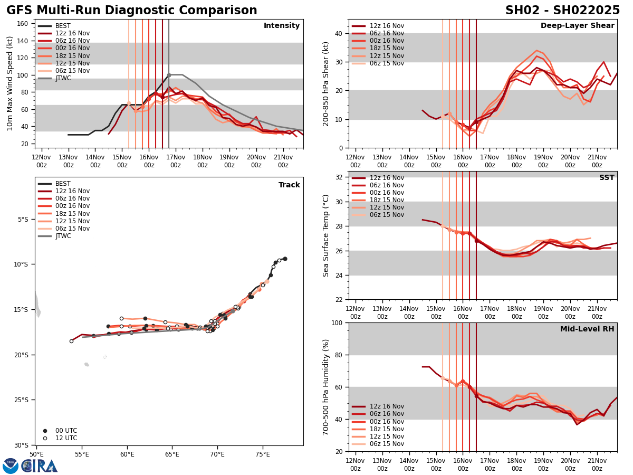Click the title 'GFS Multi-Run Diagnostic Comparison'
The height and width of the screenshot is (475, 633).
tap(132, 11)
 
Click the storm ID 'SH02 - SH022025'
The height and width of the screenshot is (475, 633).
tap(562, 11)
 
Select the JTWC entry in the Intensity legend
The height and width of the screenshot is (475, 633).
tap(63, 78)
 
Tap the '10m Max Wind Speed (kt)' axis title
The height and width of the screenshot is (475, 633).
tap(10, 83)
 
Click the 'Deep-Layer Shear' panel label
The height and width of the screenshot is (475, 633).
tap(577, 26)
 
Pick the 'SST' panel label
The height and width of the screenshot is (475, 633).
tap(607, 178)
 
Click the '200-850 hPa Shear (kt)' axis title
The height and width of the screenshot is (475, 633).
tap(326, 83)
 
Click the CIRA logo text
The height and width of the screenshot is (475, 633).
tap(40, 466)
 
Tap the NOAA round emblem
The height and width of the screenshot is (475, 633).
tap(10, 465)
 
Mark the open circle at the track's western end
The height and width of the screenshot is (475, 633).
tap(71, 341)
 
